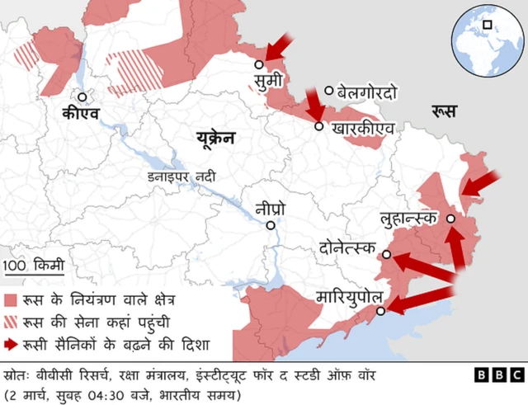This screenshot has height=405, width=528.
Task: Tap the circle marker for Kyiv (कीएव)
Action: pyautogui.click(x=82, y=96)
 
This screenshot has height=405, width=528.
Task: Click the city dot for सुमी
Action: pyautogui.click(x=259, y=64)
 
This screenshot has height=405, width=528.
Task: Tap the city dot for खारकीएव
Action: pyautogui.click(x=319, y=126)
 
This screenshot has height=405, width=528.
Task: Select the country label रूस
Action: pyautogui.click(x=445, y=111)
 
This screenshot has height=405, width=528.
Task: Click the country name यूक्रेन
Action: pyautogui.click(x=215, y=138)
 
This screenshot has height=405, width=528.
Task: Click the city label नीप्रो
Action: pyautogui.click(x=271, y=208)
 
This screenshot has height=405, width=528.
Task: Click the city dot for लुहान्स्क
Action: pyautogui.click(x=450, y=219)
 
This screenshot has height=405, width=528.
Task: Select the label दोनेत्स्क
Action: pyautogui.click(x=347, y=248)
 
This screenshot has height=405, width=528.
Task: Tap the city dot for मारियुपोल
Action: pyautogui.click(x=381, y=311)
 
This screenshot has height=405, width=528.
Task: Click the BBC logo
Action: pyautogui.click(x=497, y=374)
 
